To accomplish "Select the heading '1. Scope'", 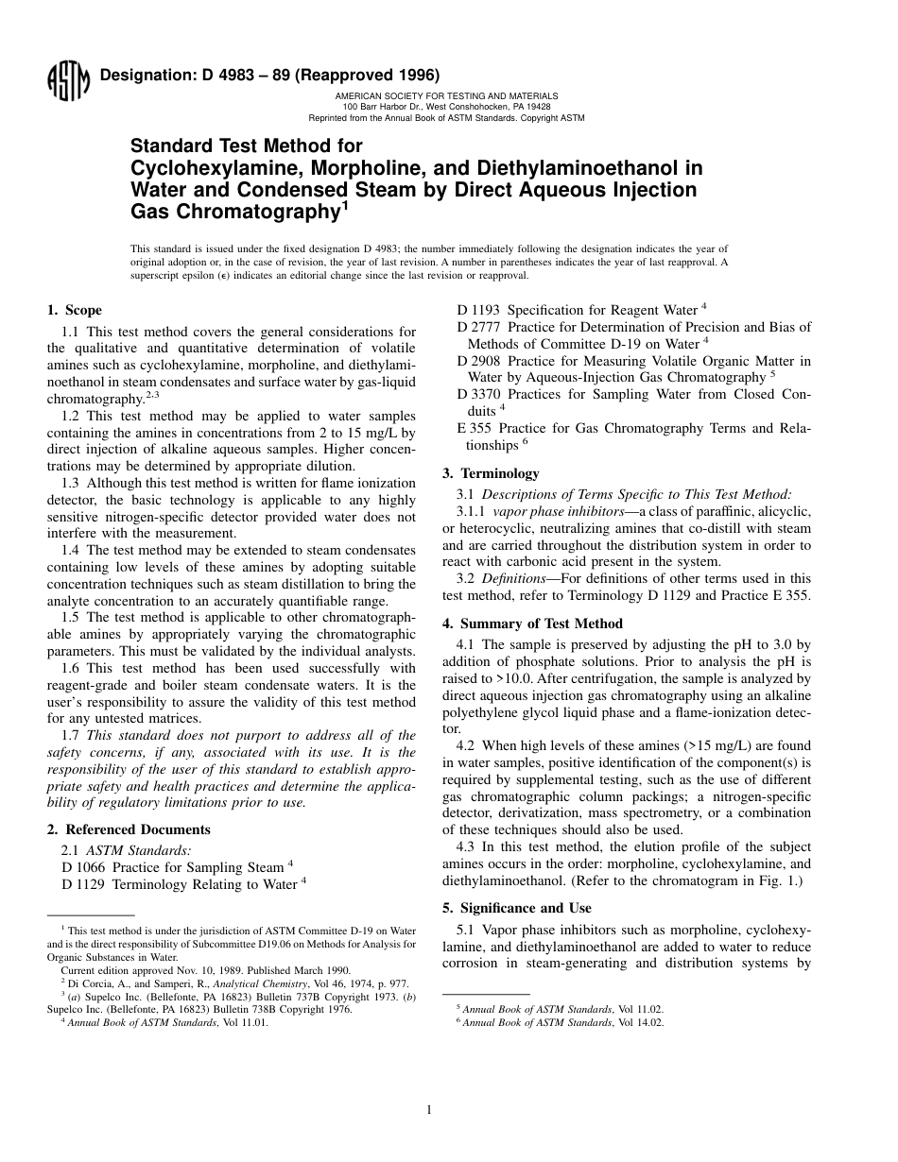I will (75, 310).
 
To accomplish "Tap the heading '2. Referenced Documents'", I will (129, 829).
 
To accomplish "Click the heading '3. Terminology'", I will (491, 473).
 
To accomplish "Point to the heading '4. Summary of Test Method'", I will (532, 624).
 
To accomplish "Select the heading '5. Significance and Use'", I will (516, 908).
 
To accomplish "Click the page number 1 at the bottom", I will (428, 1110).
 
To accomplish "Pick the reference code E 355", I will (474, 428).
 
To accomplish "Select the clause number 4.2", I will (467, 746).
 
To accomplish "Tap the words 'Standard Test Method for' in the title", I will (246, 146).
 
